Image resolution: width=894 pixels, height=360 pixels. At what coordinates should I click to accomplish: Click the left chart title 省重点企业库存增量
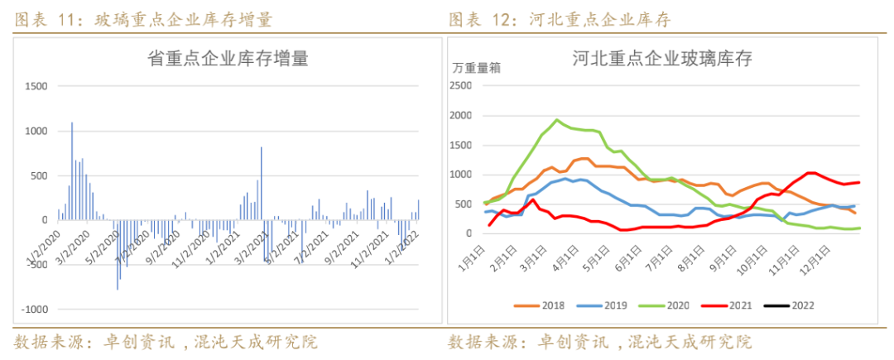point(228,59)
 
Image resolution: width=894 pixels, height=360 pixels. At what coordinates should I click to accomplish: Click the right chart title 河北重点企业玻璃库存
point(661,59)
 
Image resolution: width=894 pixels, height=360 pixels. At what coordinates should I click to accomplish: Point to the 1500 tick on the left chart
point(37,86)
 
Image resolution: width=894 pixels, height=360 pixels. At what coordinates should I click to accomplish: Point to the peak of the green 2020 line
point(556,120)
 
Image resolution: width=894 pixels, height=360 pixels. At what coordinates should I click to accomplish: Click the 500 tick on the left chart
point(40,175)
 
